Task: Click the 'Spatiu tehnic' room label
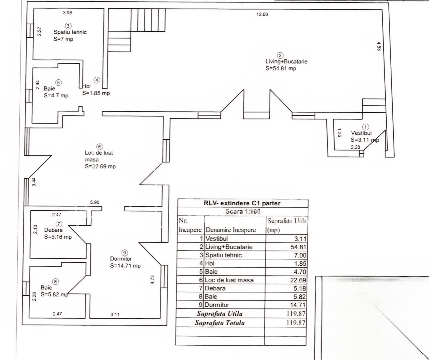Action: tap(70, 32)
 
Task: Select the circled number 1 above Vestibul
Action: tap(366, 127)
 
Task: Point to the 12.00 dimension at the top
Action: tap(262, 14)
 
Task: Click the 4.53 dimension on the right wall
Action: tap(379, 46)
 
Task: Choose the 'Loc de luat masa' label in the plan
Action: tap(99, 156)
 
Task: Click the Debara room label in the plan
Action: tap(53, 230)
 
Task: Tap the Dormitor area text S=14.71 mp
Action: tap(125, 266)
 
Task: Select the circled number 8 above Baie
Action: tap(56, 281)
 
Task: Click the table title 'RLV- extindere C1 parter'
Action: tap(242, 203)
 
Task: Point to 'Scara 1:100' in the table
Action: tap(243, 211)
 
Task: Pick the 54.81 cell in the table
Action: tap(298, 247)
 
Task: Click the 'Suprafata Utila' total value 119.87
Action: tap(296, 314)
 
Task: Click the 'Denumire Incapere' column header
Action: tap(231, 230)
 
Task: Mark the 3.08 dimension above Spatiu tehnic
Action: tap(67, 13)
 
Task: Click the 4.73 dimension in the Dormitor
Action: tap(152, 279)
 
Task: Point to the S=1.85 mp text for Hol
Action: tap(96, 93)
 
